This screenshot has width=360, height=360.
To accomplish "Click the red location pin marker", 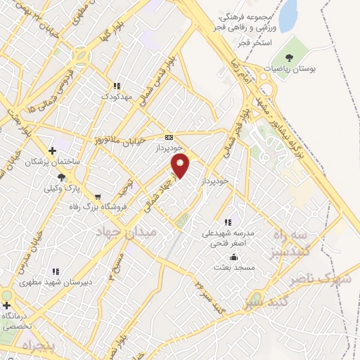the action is click(x=181, y=166).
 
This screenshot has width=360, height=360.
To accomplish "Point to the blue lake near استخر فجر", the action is click(x=288, y=16).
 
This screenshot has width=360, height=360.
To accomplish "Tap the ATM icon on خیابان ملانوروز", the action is click(x=168, y=137).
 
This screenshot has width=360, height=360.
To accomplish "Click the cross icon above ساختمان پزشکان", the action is click(x=52, y=150).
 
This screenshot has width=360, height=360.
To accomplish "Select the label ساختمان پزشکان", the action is click(x=53, y=162).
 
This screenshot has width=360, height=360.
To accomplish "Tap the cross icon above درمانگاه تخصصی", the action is click(x=7, y=305).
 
